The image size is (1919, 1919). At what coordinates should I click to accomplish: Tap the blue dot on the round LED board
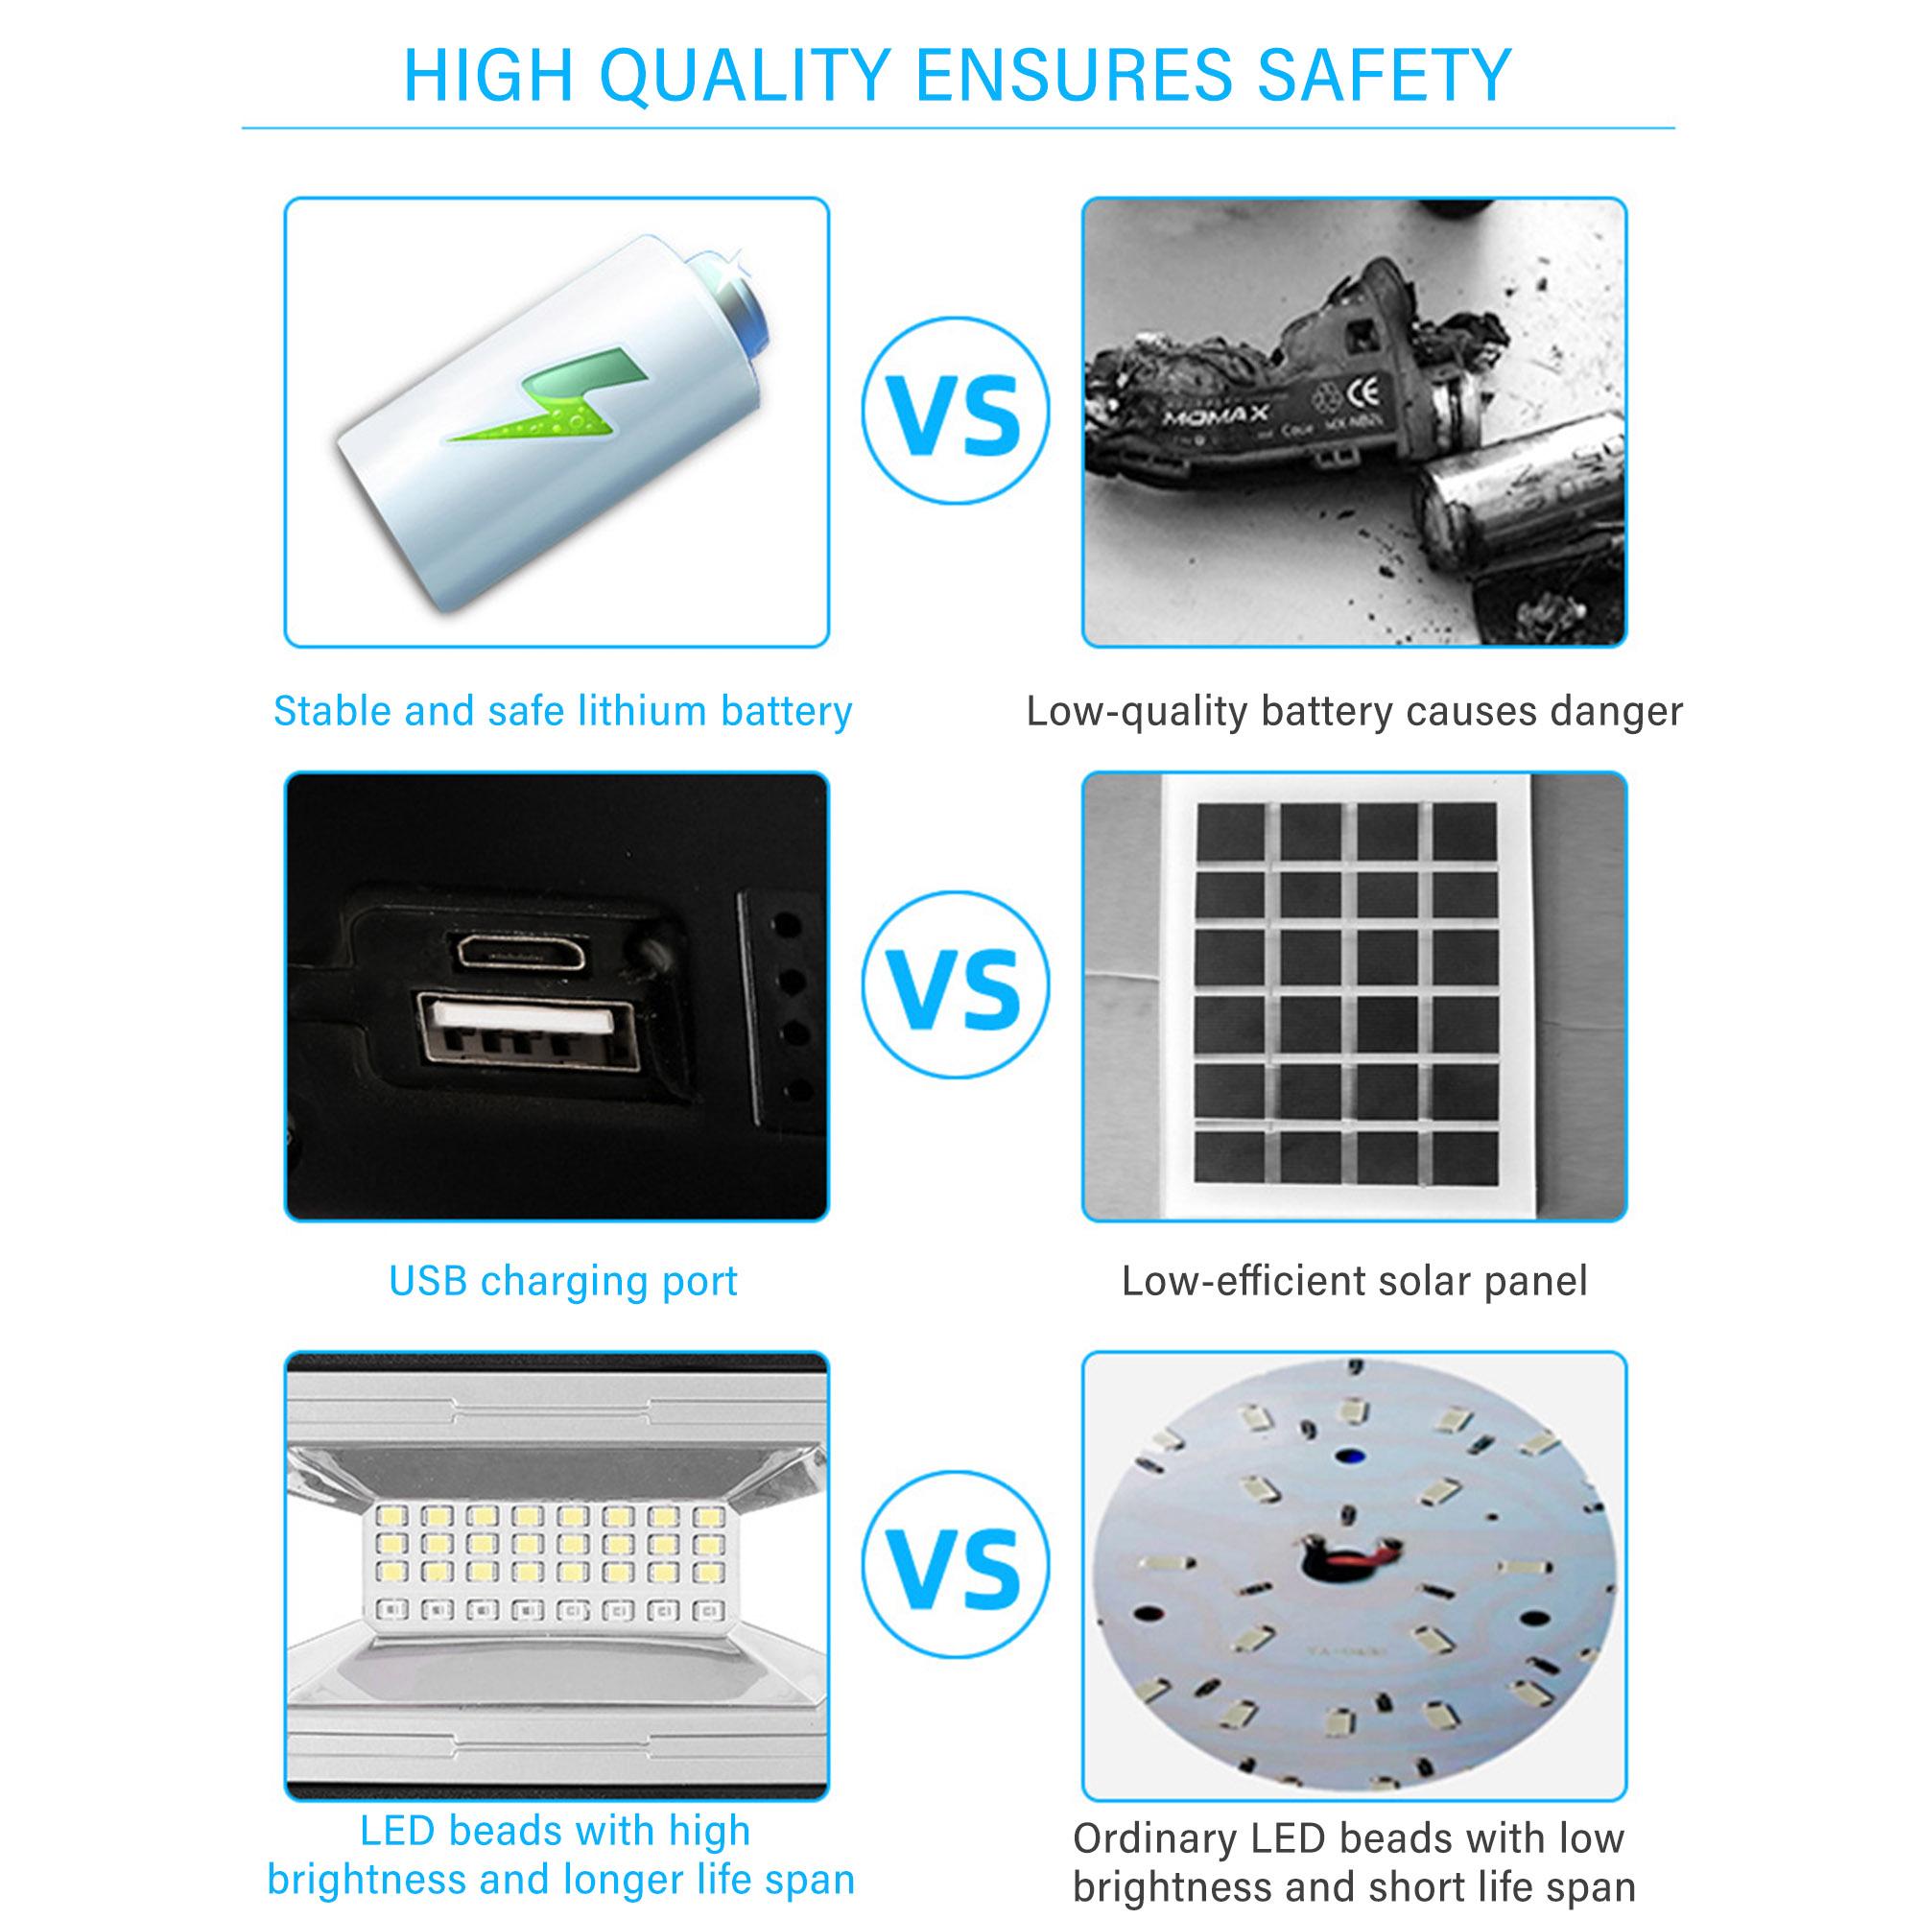[1349, 1485]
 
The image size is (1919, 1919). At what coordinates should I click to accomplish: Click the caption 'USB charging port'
[563, 1281]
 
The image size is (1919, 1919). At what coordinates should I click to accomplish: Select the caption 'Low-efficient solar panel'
[1354, 1281]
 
